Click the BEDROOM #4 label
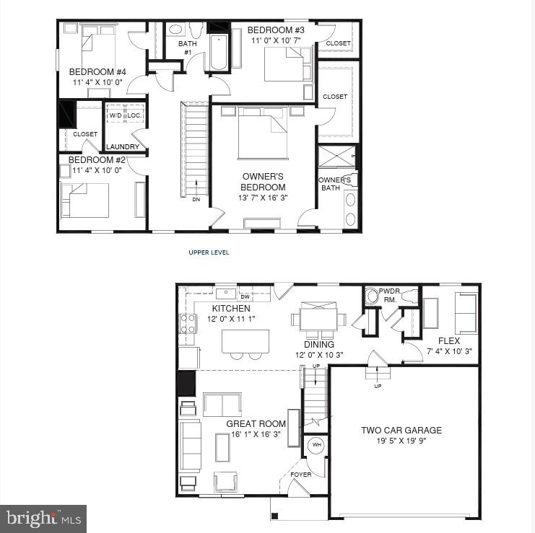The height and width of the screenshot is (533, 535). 97,72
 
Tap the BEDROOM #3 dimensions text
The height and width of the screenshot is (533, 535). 278,40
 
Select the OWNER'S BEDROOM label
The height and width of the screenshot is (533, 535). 263,182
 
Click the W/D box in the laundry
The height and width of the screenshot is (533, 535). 116,115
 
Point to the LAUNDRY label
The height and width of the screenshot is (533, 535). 123,146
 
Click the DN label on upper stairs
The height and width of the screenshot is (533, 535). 196,200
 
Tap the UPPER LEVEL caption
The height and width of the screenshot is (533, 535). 209,252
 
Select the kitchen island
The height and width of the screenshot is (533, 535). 245,340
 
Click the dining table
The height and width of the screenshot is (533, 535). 318,318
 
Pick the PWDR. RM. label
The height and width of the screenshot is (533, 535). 390,296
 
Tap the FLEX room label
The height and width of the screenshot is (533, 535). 448,341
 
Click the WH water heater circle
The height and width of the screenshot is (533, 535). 316,446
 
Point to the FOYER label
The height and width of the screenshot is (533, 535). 301,475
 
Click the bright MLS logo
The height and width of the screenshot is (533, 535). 43,518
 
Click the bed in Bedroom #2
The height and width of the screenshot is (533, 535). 85,200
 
